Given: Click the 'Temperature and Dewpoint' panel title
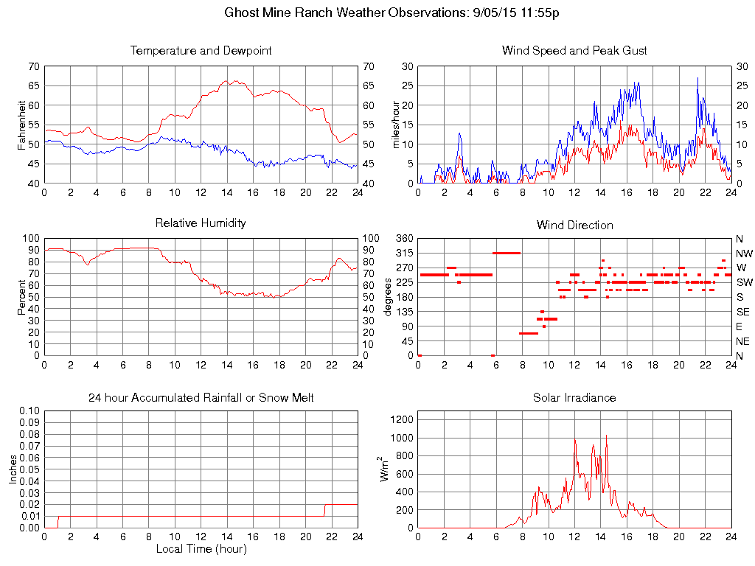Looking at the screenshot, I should click(201, 51).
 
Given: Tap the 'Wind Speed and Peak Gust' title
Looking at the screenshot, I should click(574, 51).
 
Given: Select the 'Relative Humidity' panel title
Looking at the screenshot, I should click(201, 223).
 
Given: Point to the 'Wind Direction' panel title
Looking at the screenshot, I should click(574, 225).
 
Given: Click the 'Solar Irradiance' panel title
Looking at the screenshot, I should click(574, 398).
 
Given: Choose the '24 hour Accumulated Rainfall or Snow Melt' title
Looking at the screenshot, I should click(201, 398).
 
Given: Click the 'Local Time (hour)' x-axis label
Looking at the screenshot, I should click(201, 549).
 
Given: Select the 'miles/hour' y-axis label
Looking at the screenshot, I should click(395, 125).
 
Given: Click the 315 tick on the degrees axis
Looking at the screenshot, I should click(403, 254).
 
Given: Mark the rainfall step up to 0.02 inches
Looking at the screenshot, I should click(325, 505).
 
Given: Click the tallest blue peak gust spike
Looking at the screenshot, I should click(697, 78).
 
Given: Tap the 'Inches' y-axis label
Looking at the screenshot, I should click(13, 469).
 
